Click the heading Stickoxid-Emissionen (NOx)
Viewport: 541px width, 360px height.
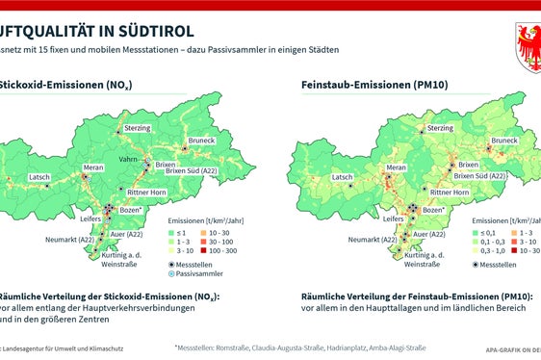66,86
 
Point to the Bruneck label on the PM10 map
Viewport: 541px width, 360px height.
503,141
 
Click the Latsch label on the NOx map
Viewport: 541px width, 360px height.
39,177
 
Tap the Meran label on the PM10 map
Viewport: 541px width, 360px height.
397,167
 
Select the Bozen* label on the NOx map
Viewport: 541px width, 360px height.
135,209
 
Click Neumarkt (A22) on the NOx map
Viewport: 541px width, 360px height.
69,239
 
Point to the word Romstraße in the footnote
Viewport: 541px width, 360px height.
230,346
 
